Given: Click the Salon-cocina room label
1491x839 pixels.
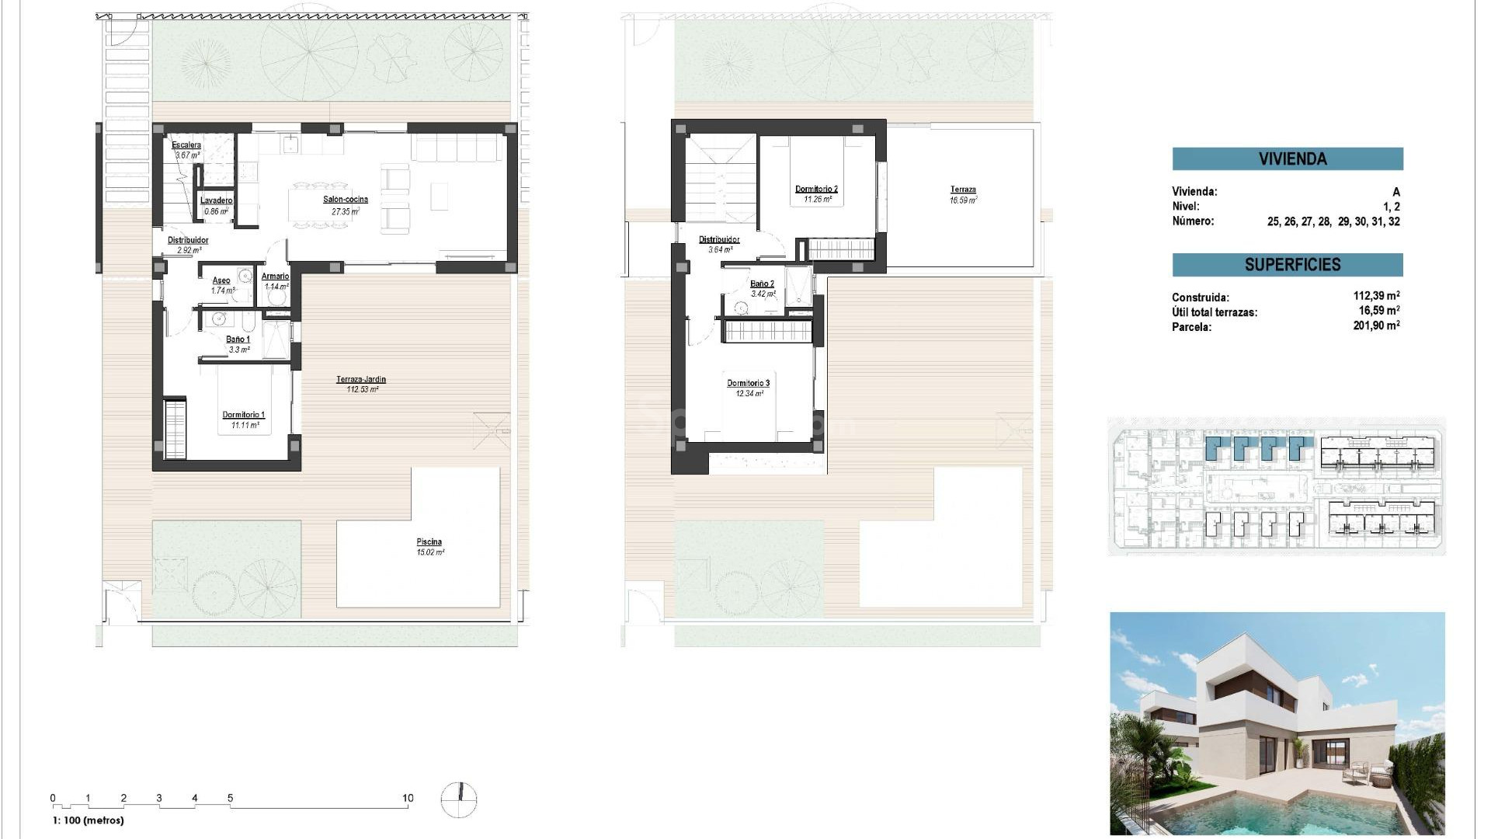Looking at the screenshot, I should pyautogui.click(x=346, y=200).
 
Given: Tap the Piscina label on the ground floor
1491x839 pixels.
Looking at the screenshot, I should pyautogui.click(x=429, y=542).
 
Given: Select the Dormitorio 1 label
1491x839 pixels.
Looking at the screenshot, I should pyautogui.click(x=243, y=415).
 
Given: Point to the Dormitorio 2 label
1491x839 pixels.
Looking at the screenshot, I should pyautogui.click(x=816, y=189).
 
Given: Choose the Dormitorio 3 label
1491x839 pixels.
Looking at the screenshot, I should pyautogui.click(x=748, y=383).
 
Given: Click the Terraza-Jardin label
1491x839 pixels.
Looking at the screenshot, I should pyautogui.click(x=361, y=380).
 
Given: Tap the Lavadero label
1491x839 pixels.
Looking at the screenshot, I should pyautogui.click(x=216, y=200).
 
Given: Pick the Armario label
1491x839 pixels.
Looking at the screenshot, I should pyautogui.click(x=276, y=277).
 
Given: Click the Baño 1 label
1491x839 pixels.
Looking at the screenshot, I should pyautogui.click(x=238, y=339).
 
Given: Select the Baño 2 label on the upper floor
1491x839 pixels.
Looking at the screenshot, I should pyautogui.click(x=762, y=284).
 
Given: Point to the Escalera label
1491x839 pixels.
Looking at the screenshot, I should pyautogui.click(x=186, y=145).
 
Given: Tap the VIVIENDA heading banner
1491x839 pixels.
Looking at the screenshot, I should pyautogui.click(x=1288, y=159).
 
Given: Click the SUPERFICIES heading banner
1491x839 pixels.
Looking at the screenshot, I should pyautogui.click(x=1288, y=265).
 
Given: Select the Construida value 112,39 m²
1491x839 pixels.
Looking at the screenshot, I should pyautogui.click(x=1376, y=296).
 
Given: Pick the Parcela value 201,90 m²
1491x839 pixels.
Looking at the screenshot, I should pyautogui.click(x=1376, y=326).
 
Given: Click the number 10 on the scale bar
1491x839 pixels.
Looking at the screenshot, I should pyautogui.click(x=408, y=798).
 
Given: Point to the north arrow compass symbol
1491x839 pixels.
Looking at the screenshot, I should pyautogui.click(x=459, y=799).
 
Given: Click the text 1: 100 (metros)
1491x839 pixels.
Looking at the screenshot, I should pyautogui.click(x=88, y=820).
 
